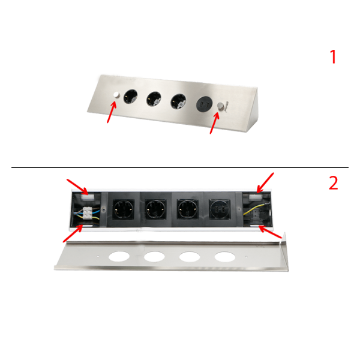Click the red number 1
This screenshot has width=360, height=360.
[x=333, y=57]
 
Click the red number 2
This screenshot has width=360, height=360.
[x=334, y=183]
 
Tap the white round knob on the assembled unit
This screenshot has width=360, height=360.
[x=117, y=95]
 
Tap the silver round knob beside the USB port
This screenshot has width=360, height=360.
[x=221, y=107]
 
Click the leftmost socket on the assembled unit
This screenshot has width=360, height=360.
[x=131, y=96]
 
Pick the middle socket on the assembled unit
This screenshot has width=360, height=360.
[x=154, y=99]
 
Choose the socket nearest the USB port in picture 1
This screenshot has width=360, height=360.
[x=178, y=101]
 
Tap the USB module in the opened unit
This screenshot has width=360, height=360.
[x=219, y=209]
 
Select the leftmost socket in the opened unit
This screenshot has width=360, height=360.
[x=124, y=209]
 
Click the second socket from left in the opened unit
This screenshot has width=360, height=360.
[x=155, y=209]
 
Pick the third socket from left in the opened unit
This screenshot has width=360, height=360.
[x=187, y=209]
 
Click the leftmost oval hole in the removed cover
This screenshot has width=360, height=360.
[x=119, y=257]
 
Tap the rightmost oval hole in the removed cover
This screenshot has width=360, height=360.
[x=225, y=257]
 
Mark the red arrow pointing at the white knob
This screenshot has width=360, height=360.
[x=112, y=112]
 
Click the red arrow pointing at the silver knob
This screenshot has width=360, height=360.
[x=215, y=123]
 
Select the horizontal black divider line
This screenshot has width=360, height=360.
[x=180, y=167]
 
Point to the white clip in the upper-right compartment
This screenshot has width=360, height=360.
[x=256, y=197]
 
